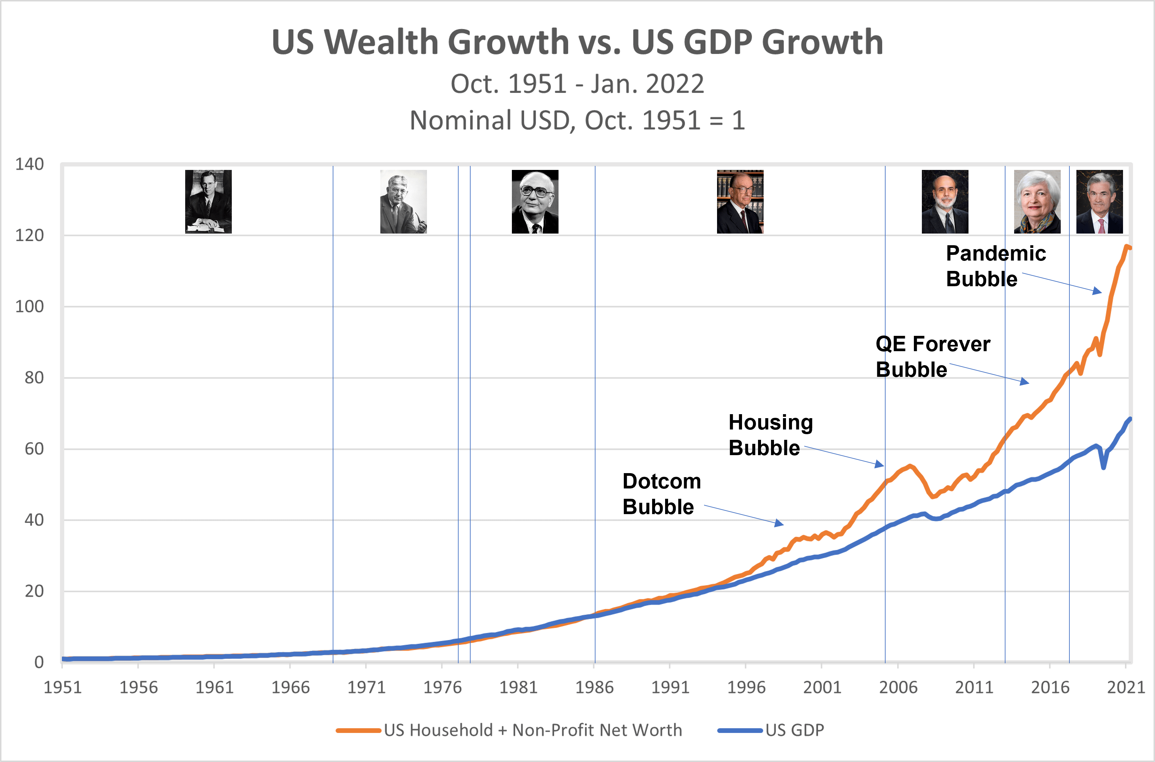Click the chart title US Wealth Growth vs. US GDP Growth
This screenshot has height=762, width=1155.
click(577, 42)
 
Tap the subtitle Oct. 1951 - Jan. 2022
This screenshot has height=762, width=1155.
click(577, 84)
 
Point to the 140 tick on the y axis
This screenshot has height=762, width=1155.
click(29, 164)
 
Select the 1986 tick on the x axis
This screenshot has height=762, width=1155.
click(594, 687)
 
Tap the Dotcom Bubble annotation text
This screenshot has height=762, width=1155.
click(661, 494)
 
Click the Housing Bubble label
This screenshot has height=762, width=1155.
click(770, 434)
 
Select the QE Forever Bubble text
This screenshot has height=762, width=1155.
click(932, 356)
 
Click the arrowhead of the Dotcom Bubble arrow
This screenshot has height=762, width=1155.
click(780, 524)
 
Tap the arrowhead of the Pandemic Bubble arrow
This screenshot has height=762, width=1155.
click(1098, 292)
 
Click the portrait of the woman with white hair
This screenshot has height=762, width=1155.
click(1037, 202)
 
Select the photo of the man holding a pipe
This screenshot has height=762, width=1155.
click(403, 202)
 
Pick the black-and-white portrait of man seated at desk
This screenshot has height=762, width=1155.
click(208, 202)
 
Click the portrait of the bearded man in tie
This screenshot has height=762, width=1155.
click(945, 202)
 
